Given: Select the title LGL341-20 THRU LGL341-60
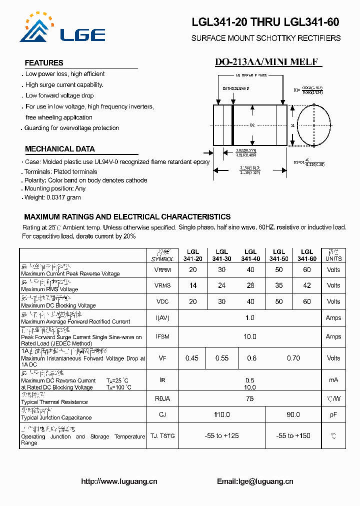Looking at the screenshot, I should click(x=265, y=22).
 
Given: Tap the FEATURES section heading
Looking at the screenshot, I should click(x=44, y=63).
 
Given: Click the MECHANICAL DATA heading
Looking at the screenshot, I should click(x=59, y=149).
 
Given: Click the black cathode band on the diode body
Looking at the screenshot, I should click(x=232, y=125).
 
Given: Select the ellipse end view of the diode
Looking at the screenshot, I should click(x=314, y=125).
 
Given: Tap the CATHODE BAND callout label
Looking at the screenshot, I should click(x=236, y=88).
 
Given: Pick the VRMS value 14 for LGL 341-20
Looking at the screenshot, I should click(x=193, y=285).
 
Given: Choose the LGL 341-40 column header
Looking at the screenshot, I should click(x=250, y=255).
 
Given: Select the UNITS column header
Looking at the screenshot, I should click(x=333, y=255).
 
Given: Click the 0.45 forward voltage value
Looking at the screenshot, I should click(x=192, y=358).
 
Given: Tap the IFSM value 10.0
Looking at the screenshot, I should click(x=249, y=336).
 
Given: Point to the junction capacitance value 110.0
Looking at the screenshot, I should click(x=221, y=414).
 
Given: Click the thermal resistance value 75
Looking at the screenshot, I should click(x=249, y=398).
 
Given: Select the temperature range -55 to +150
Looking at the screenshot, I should click(x=293, y=435).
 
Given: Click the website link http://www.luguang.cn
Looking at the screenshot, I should click(x=119, y=481).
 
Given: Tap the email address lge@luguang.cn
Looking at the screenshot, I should click(x=255, y=481).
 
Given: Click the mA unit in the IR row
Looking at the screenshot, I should click(x=333, y=380).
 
